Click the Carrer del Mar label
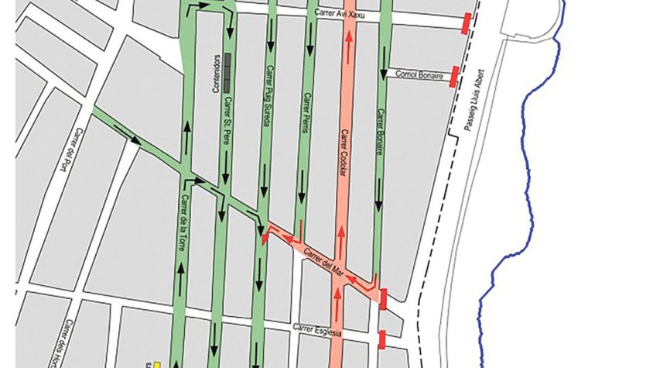coord(323,260)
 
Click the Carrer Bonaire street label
coord(380,131)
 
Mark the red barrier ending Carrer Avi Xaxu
coord(467,24)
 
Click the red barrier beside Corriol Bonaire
coord(455,76)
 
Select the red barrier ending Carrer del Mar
coord(383,297)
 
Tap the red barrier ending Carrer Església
coord(381,339)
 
